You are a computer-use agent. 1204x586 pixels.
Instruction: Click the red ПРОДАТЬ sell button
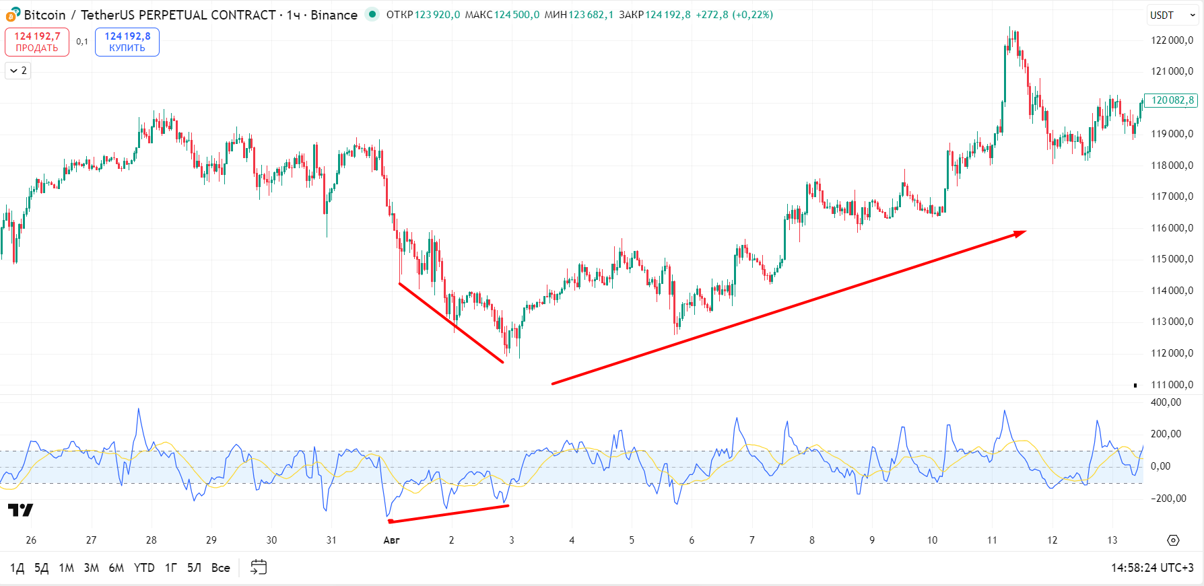click(x=37, y=42)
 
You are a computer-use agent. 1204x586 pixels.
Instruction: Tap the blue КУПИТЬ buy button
click(x=127, y=42)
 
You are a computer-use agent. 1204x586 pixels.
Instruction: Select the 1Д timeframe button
click(x=18, y=568)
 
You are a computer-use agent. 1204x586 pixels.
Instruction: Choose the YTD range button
click(x=144, y=568)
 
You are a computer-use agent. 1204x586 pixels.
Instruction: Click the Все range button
click(x=221, y=568)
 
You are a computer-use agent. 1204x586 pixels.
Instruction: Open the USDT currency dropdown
click(x=1172, y=15)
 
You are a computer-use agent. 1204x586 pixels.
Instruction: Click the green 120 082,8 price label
click(x=1172, y=100)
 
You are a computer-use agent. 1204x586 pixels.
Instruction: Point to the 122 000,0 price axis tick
click(x=1172, y=40)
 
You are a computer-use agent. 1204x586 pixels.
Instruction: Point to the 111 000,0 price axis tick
click(x=1172, y=385)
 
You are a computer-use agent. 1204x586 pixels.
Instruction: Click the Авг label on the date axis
click(x=391, y=540)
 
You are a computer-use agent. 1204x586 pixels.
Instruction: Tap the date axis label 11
click(x=992, y=540)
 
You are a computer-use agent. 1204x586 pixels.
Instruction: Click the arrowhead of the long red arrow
click(x=1021, y=232)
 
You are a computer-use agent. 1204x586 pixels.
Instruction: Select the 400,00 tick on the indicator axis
click(x=1166, y=402)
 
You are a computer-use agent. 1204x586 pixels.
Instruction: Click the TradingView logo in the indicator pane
click(x=20, y=510)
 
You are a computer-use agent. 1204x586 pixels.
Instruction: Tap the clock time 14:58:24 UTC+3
click(x=1152, y=568)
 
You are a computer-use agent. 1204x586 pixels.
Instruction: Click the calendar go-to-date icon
click(x=259, y=567)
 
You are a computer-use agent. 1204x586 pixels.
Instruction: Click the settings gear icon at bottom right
click(x=1173, y=540)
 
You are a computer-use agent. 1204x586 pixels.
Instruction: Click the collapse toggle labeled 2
click(x=18, y=71)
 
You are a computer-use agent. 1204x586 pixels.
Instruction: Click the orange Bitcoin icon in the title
click(x=11, y=15)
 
